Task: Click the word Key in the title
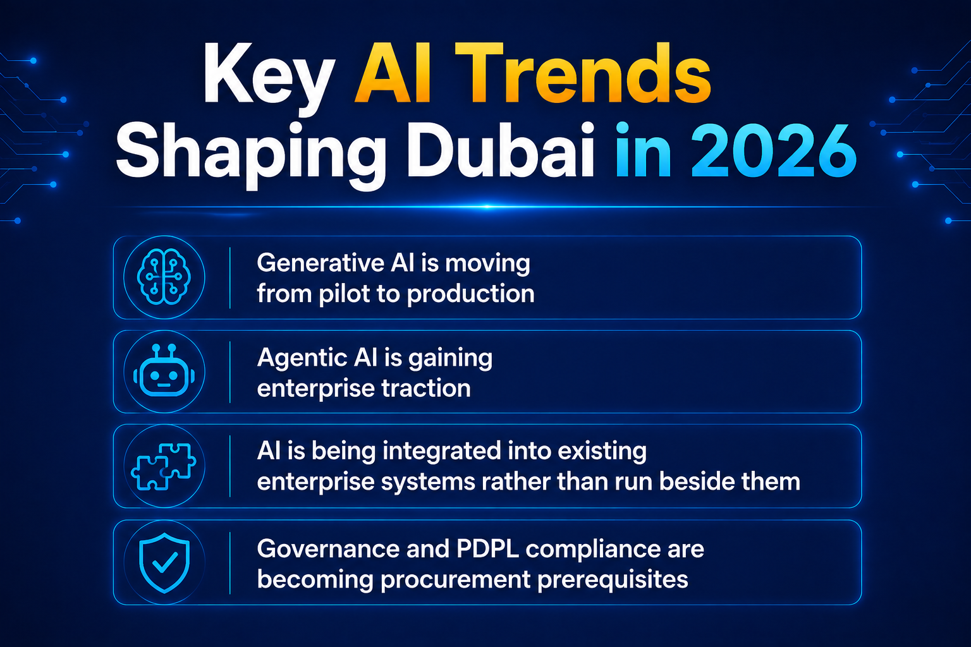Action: [x=269, y=76]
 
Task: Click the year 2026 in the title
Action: [x=774, y=151]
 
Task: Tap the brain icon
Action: [x=164, y=277]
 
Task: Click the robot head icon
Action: [x=164, y=371]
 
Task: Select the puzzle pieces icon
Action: [x=164, y=466]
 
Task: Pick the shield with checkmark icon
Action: [x=164, y=562]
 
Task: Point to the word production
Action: [x=471, y=294]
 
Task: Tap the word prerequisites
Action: [x=613, y=580]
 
